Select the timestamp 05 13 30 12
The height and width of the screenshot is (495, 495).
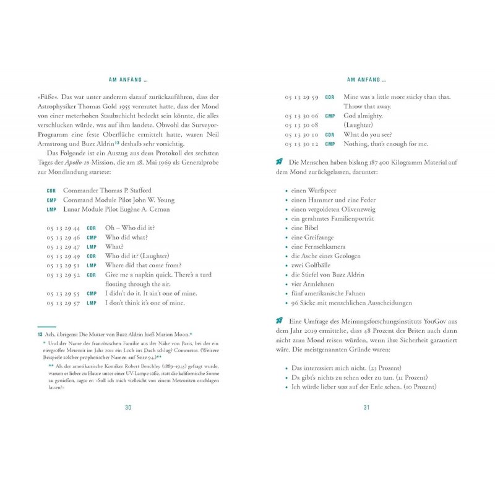[301, 144]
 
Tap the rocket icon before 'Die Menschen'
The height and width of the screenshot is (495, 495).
[279, 162]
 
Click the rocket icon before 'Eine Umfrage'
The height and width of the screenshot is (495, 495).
[279, 321]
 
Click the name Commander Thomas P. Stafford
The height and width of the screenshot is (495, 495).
[106, 191]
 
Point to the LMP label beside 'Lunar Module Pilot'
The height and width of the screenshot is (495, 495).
[51, 209]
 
